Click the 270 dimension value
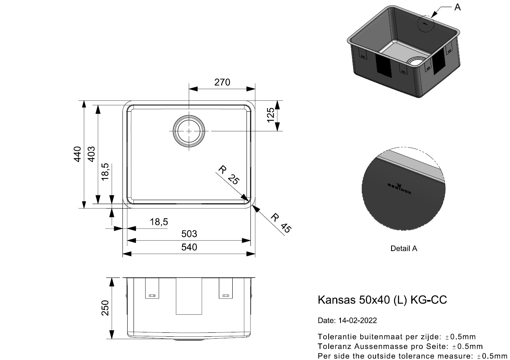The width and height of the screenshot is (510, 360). (x=222, y=82)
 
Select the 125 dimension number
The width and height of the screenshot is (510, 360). (x=271, y=115)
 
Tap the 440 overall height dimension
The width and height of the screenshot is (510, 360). (x=78, y=154)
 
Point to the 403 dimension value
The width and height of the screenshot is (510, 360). (x=91, y=154)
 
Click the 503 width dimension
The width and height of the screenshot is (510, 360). (x=189, y=234)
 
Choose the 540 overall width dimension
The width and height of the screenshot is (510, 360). (x=189, y=247)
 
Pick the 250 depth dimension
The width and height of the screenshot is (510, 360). (x=105, y=308)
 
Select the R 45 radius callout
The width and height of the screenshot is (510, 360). (x=281, y=223)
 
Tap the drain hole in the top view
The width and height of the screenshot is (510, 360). (x=189, y=131)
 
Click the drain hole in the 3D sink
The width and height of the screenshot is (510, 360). (x=416, y=62)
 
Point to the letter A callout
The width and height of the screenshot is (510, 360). (x=457, y=7)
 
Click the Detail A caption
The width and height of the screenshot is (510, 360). (x=404, y=248)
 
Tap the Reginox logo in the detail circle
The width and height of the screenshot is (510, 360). (x=399, y=189)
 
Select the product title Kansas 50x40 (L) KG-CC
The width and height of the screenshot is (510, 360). (x=382, y=300)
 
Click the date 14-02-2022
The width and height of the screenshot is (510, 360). (x=358, y=321)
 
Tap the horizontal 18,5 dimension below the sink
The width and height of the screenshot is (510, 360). (x=159, y=221)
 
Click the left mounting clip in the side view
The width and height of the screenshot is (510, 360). (x=152, y=288)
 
